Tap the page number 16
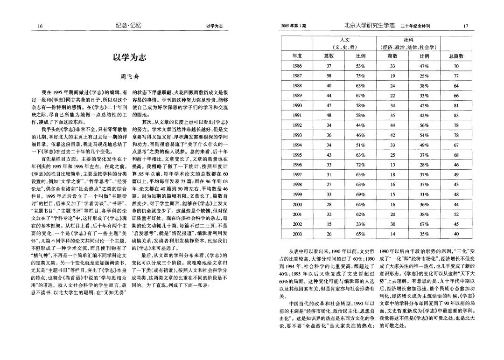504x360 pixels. [41, 26]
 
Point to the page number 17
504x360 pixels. [465, 26]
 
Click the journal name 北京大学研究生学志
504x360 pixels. [369, 25]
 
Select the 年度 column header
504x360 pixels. [297, 56]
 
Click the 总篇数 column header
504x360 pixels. [456, 56]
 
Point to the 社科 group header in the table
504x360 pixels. [408, 40]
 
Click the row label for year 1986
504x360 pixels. [297, 66]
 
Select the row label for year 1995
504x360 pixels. [297, 155]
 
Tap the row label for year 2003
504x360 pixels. [297, 234]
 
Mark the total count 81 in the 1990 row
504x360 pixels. [456, 106]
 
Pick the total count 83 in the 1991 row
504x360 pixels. [456, 116]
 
